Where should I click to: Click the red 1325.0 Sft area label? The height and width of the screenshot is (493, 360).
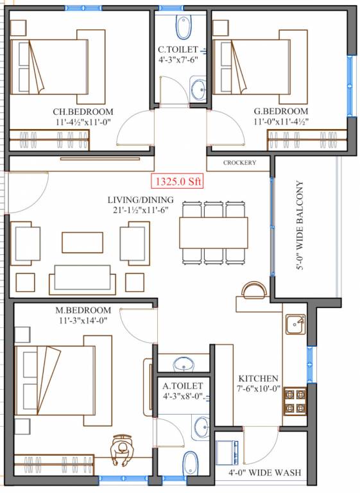click(x=177, y=182)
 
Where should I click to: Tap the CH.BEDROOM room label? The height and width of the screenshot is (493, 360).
click(x=83, y=110)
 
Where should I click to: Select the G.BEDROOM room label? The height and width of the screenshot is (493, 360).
click(x=282, y=110)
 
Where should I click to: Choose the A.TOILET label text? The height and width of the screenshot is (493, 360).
click(x=182, y=385)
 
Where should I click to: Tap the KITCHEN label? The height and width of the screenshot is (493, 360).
click(x=259, y=378)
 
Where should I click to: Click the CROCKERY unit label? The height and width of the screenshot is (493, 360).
click(x=240, y=163)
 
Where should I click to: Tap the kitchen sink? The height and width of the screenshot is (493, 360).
click(x=295, y=324)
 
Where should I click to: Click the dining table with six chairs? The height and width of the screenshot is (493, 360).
click(x=214, y=232)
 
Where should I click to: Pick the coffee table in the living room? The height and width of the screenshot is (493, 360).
click(x=82, y=242)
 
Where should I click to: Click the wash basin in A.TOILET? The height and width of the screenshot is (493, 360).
click(x=201, y=426)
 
